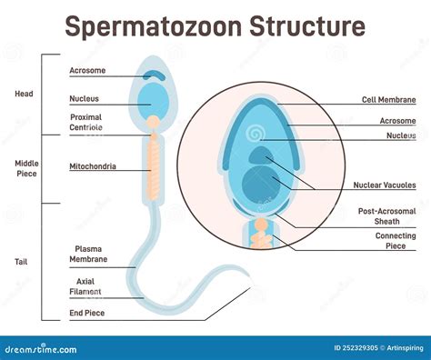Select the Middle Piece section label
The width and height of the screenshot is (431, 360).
pos(25,168)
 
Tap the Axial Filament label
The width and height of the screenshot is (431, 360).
pos(85,287)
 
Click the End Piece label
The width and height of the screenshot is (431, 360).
pos(87,315)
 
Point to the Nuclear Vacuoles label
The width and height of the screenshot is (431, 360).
pos(384,185)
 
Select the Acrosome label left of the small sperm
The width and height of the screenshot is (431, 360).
pos(87,70)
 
